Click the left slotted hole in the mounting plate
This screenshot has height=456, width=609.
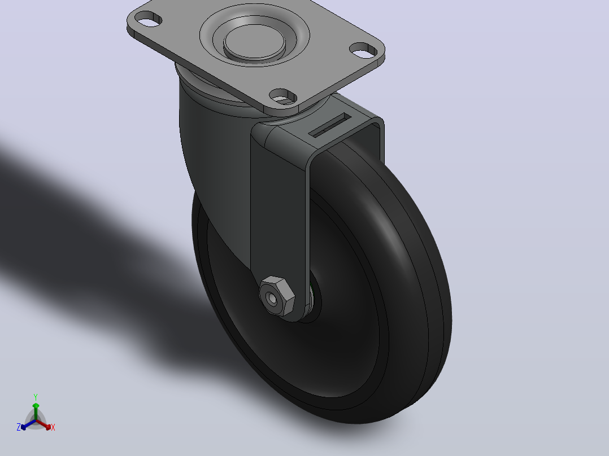[149, 19]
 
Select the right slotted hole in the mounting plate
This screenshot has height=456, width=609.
[364, 50]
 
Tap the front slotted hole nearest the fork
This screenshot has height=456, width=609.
[283, 97]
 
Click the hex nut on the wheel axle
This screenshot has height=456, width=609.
[277, 296]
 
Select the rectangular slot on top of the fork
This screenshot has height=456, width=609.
[330, 125]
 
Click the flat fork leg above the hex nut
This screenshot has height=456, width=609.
[280, 202]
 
